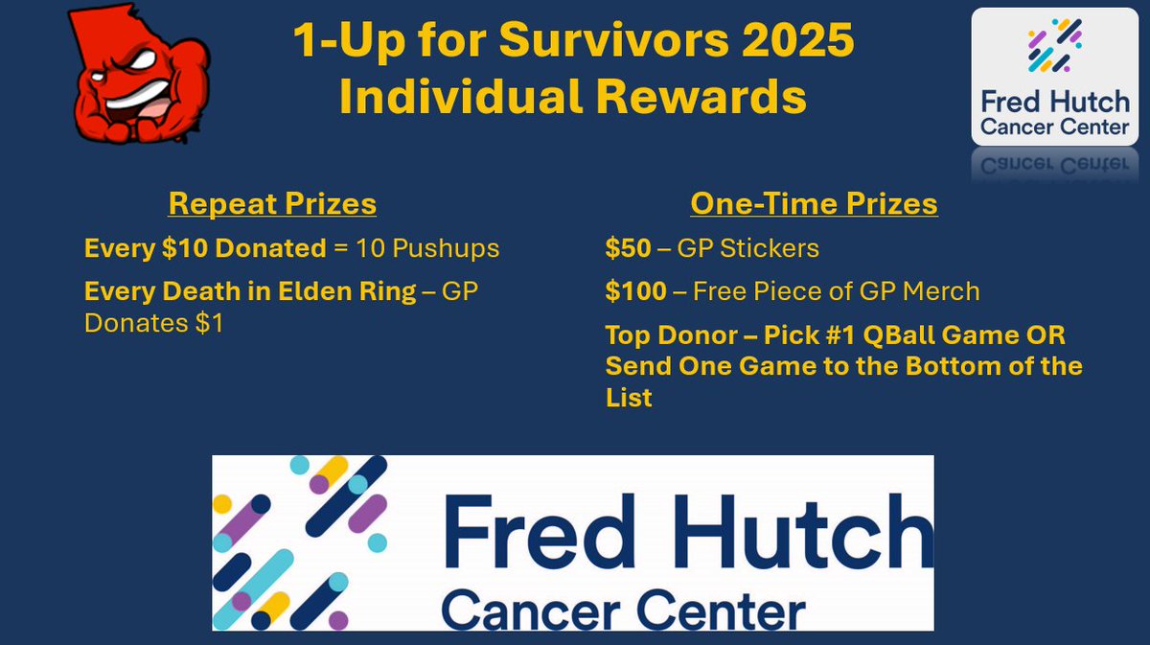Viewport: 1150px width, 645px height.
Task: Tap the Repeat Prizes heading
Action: pos(272,204)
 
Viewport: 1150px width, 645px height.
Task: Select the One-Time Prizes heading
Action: pos(814,204)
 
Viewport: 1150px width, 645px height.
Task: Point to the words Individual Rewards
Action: pos(572,98)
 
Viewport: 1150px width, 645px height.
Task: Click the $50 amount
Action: pos(626,249)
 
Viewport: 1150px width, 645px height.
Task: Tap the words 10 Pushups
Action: pos(427,249)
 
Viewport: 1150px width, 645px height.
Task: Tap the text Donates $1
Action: pos(153,324)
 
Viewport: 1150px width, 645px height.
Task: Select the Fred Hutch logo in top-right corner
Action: pos(1054,77)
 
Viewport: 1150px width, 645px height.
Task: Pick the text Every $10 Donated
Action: pos(205,249)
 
